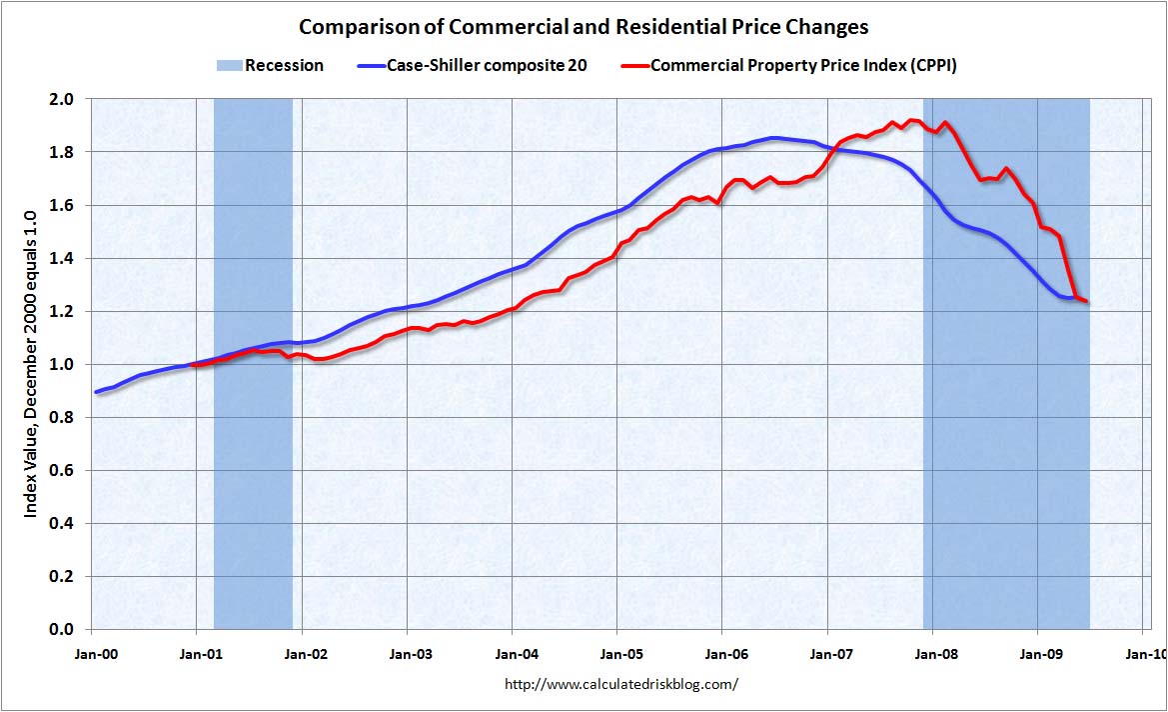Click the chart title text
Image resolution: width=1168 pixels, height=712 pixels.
point(584,26)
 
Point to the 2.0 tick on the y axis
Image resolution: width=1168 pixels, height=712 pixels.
point(63,99)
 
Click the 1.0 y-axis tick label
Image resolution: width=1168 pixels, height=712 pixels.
point(63,364)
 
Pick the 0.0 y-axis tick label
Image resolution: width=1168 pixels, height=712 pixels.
point(63,629)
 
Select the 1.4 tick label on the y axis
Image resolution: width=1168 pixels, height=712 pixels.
point(63,258)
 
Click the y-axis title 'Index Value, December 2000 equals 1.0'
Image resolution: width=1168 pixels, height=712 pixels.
point(31,364)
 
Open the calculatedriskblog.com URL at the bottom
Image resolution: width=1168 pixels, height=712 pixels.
point(621,685)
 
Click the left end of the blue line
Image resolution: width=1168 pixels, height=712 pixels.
point(96,391)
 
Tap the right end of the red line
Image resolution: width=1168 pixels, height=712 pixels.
point(1085,301)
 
